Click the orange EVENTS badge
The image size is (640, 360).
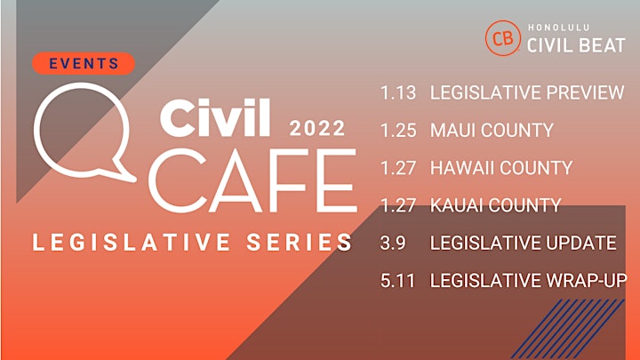click(x=84, y=63)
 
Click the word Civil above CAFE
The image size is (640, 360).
click(x=215, y=117)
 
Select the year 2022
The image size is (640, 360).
click(x=317, y=128)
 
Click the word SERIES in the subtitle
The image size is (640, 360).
click(x=299, y=242)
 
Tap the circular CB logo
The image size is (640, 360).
click(x=503, y=38)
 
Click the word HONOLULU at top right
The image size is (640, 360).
click(x=559, y=28)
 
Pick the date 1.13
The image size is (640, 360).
click(x=398, y=92)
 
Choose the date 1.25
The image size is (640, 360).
click(x=398, y=131)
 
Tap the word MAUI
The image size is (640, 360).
click(x=453, y=131)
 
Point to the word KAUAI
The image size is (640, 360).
click(x=457, y=205)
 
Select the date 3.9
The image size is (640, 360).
click(x=393, y=244)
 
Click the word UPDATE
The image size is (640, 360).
click(x=581, y=244)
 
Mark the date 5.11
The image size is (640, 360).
click(x=397, y=281)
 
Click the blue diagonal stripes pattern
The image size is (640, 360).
click(x=568, y=328)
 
